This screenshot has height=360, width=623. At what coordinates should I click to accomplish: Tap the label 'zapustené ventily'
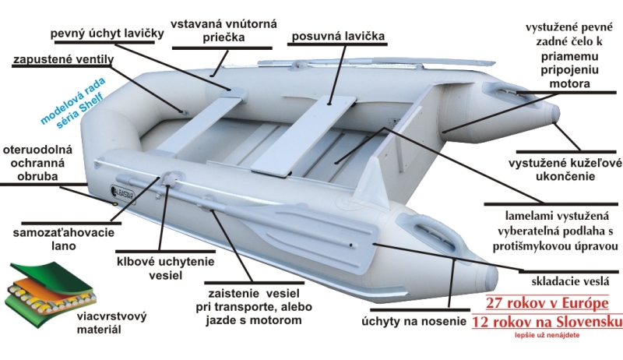[64, 59]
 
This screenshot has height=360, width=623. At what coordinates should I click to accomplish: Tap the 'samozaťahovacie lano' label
[55, 238]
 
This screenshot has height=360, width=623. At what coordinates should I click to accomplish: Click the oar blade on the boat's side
[311, 224]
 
